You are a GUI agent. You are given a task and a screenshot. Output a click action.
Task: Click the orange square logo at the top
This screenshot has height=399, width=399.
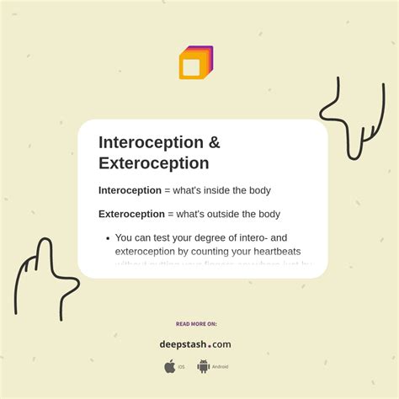pos(195,63)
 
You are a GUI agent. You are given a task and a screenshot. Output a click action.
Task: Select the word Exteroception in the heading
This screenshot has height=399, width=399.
pos(153,163)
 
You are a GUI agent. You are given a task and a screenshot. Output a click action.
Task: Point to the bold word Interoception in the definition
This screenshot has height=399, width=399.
pos(129,190)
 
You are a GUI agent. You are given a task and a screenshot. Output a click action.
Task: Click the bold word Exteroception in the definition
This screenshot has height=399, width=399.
pos(130,214)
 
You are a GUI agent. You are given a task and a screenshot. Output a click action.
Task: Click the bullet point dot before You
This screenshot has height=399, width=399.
pos(108,238)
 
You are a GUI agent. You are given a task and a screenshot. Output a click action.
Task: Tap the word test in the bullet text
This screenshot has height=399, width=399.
pos(163,237)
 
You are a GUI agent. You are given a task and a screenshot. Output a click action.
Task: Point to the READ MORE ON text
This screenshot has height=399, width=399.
pos(196,323)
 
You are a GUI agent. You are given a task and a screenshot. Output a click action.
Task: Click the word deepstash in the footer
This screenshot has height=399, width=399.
pos(183,344)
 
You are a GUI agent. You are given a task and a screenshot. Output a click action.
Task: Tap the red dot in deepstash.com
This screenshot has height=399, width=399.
pos(210,345)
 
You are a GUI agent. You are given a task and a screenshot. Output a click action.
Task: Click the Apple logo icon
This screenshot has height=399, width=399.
pos(170,366)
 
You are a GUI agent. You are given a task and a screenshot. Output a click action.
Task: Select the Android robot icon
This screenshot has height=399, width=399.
pos(203,366)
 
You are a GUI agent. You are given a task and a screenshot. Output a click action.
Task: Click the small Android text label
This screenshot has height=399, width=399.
pos(220,367)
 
